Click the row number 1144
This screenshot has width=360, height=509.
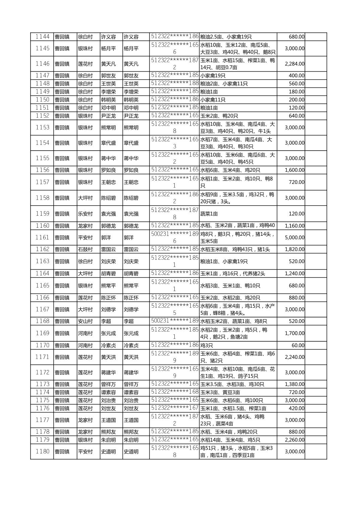click(42, 37)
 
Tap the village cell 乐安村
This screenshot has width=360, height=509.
click(85, 214)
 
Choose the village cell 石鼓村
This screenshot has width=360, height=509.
click(85, 249)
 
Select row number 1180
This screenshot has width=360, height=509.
click(42, 451)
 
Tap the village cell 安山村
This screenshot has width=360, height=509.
click(85, 321)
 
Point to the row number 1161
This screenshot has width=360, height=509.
click(42, 237)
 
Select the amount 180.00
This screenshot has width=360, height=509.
click(297, 91)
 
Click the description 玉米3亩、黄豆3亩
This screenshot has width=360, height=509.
click(220, 392)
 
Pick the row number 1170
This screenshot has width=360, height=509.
click(42, 345)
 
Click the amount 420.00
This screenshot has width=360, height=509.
click(297, 408)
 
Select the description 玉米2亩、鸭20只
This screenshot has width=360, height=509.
click(219, 116)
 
